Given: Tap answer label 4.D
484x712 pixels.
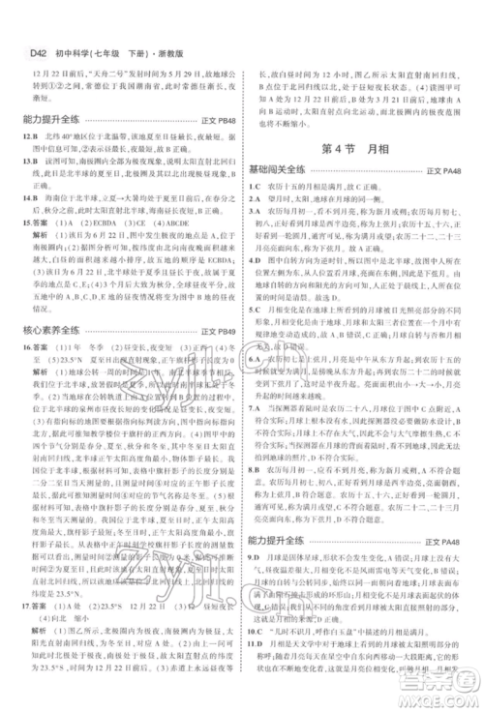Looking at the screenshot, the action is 257,232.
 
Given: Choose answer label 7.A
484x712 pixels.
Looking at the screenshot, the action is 257,411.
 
